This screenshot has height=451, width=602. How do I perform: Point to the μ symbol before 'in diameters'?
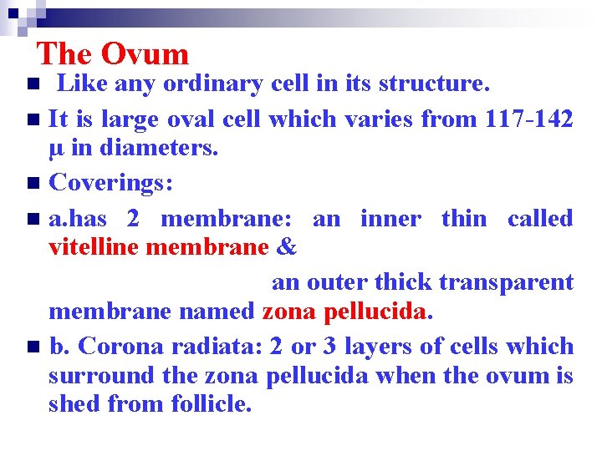click(56, 149)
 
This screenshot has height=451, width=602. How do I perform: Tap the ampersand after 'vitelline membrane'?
click(286, 248)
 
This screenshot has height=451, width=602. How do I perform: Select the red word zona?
click(289, 312)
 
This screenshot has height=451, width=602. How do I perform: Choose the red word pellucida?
click(375, 312)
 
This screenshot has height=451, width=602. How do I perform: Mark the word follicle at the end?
click(212, 405)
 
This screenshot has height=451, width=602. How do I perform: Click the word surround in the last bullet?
click(101, 376)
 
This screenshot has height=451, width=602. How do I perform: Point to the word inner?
click(389, 218)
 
